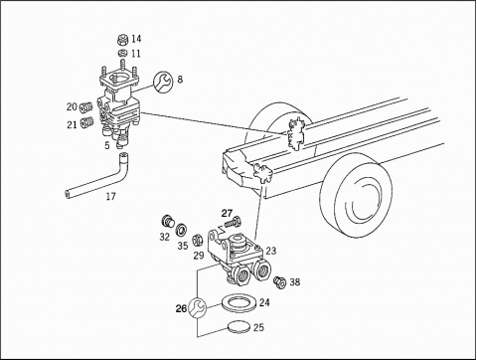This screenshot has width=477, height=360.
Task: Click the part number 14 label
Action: point(136,39)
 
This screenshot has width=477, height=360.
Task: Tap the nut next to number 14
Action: point(122,40)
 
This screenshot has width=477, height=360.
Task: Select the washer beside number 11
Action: point(122,53)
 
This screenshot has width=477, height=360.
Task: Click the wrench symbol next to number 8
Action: point(163,82)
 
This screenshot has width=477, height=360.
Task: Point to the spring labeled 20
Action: point(85,107)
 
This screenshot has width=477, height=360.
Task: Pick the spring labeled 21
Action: point(85,122)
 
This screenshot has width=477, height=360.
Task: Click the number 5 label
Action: point(107,145)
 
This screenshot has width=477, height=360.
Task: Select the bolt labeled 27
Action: point(233,222)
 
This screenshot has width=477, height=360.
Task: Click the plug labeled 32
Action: point(168,221)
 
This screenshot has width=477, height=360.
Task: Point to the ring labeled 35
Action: point(181,230)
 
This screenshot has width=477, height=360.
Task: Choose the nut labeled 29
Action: point(198,240)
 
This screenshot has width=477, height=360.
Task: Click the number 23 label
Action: point(270,251)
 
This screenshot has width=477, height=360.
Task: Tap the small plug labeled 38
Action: point(279,281)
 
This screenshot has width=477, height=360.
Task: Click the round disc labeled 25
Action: point(239,327)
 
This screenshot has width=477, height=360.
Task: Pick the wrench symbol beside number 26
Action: point(197,307)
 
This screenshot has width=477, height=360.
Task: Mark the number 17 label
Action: point(111,196)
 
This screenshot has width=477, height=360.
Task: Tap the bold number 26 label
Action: point(181,308)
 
